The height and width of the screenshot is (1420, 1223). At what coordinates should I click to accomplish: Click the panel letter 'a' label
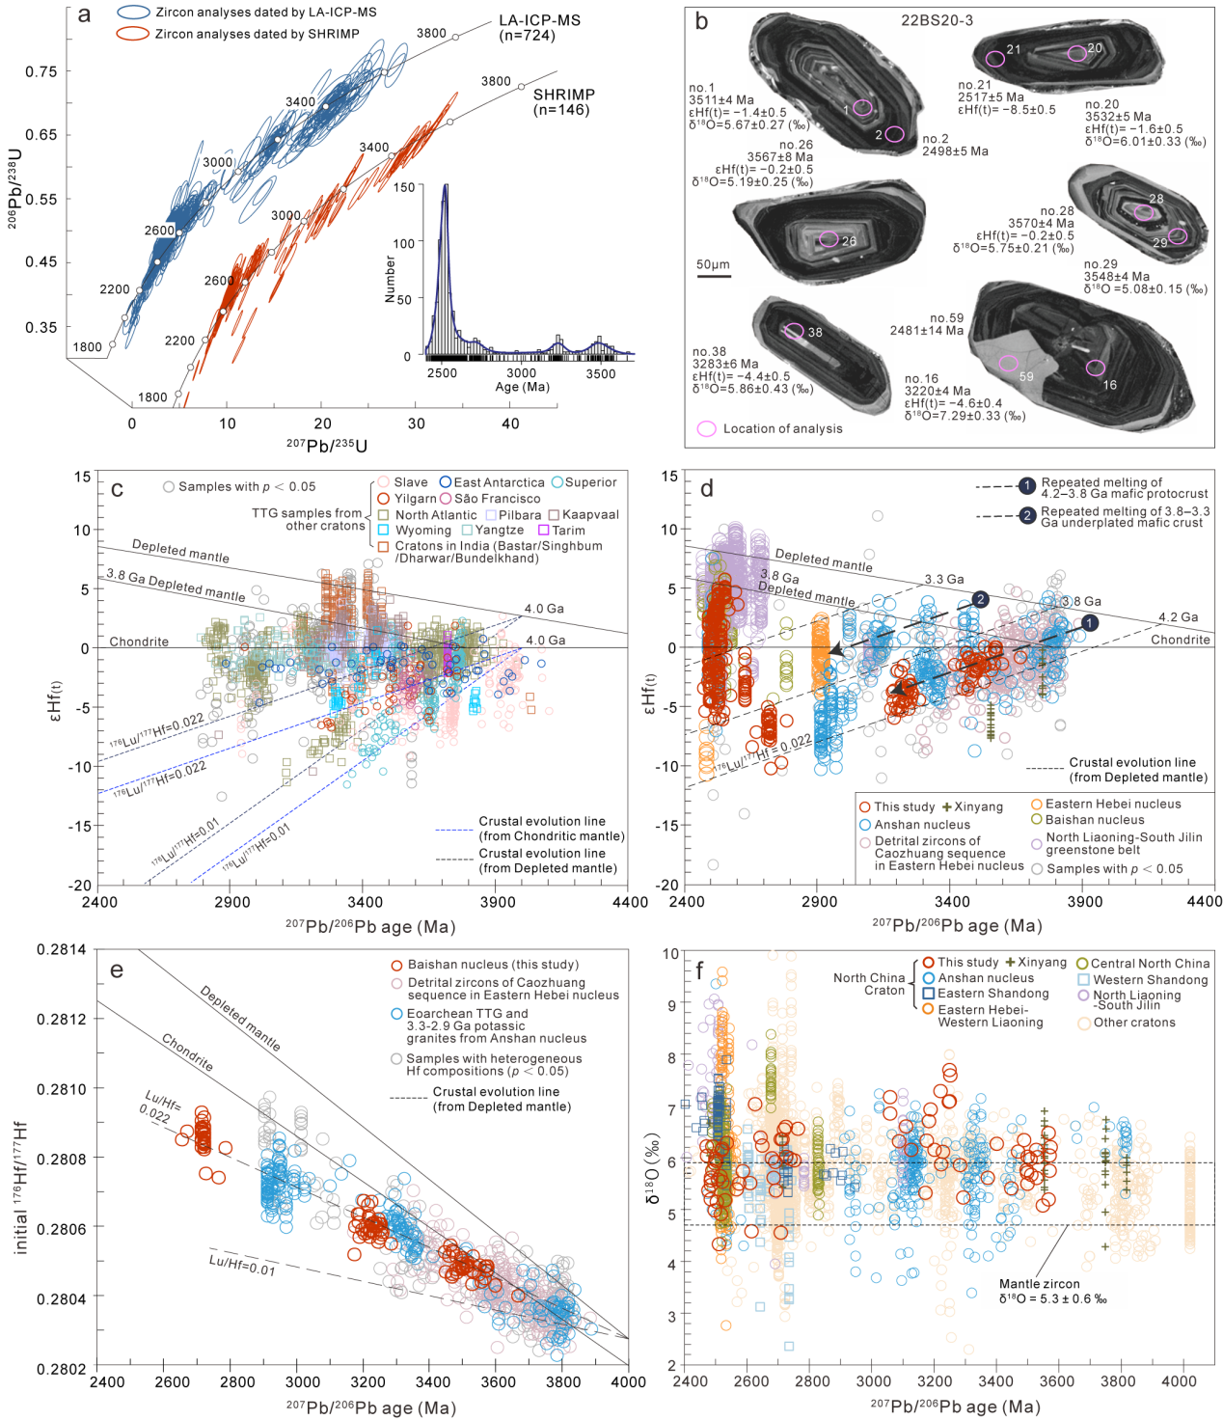point(85,14)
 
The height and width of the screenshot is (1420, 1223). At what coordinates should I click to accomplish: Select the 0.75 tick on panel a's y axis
point(41,71)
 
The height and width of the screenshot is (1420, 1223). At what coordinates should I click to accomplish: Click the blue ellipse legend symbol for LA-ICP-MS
point(133,13)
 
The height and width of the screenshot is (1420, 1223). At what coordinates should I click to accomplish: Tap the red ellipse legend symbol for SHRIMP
point(133,34)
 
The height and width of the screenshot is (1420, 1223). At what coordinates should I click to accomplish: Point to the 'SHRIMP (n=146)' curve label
point(564,101)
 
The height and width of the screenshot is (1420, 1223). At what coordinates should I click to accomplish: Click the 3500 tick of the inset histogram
point(600,373)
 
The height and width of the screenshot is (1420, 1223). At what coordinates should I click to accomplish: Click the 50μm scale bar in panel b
point(714,275)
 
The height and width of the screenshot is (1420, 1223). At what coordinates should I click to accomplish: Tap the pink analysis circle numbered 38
point(794,332)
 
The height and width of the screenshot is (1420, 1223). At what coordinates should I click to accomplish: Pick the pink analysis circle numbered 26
point(829,239)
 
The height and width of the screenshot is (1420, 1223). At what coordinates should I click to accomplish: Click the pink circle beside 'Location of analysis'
point(707,428)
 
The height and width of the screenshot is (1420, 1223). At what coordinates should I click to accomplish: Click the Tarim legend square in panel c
point(544,531)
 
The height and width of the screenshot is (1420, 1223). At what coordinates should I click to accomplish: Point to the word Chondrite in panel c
point(139,642)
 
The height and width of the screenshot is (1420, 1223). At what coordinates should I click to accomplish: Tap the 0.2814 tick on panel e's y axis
point(61,949)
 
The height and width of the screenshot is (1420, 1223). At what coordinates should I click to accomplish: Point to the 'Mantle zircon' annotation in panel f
point(1039,1284)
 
